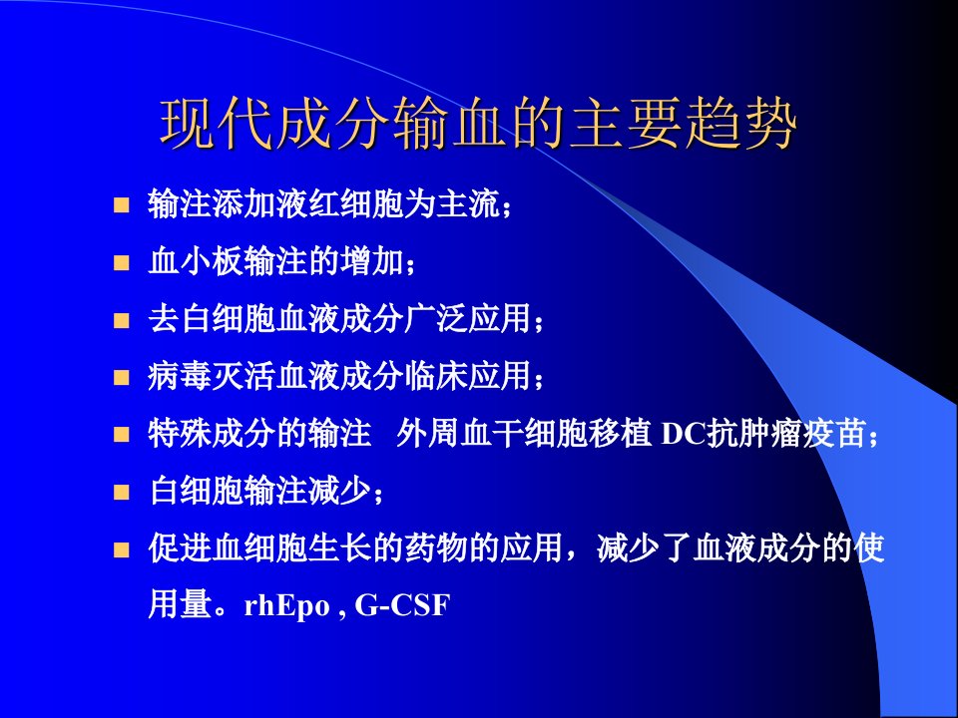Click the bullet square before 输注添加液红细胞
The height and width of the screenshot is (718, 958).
(122, 205)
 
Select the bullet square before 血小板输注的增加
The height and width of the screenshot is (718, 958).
(122, 262)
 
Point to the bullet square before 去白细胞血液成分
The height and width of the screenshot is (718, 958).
(122, 320)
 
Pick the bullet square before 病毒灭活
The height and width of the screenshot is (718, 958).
(122, 377)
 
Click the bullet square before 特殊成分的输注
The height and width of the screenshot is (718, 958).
(122, 435)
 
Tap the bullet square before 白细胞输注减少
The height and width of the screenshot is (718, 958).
(122, 492)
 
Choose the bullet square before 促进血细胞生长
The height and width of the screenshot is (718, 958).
(122, 549)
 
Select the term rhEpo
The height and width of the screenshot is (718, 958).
(286, 606)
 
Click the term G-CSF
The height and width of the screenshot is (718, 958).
(402, 605)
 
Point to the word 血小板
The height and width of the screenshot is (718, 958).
(196, 262)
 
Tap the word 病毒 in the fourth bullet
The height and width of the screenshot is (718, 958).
(180, 377)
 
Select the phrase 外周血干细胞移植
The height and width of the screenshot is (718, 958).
(522, 434)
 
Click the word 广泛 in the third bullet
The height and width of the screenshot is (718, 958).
(436, 319)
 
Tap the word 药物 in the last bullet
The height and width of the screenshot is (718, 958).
(436, 547)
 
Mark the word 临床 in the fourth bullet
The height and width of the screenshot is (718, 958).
(436, 377)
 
